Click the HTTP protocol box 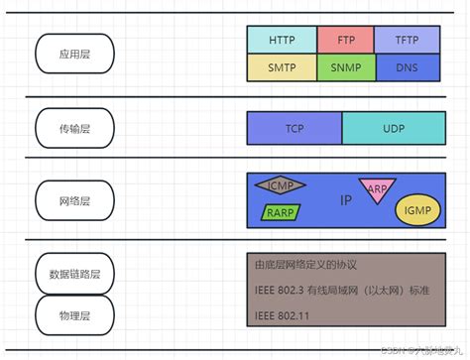(282, 40)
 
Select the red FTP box (345, 40)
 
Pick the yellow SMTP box (282, 67)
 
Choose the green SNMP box (345, 67)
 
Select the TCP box (294, 129)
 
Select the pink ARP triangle (377, 188)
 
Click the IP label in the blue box (346, 200)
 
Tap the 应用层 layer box (75, 54)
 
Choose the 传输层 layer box (75, 127)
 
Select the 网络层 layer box (75, 200)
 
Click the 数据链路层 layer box (75, 274)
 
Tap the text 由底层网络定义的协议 (305, 266)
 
